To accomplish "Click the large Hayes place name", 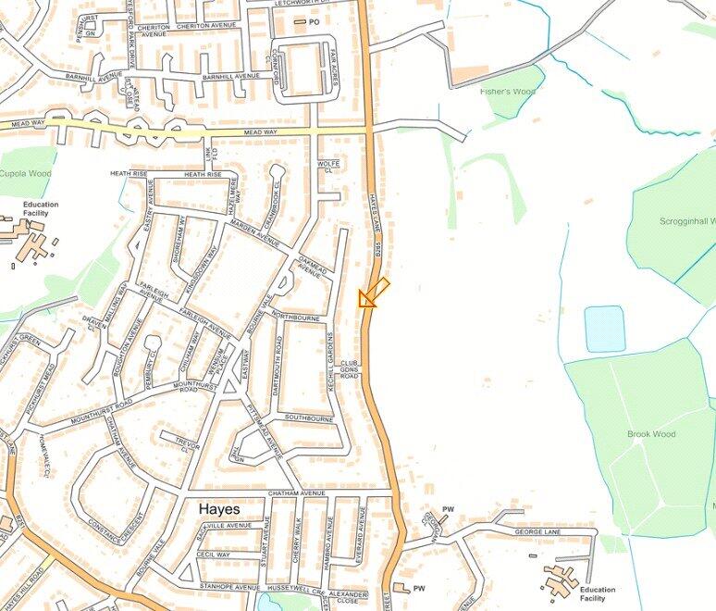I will [219, 510].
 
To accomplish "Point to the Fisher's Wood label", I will [507, 92].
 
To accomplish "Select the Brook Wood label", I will [650, 434].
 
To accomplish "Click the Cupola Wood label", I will [25, 173].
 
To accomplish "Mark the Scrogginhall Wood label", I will [687, 222].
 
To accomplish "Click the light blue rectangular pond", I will [604, 329].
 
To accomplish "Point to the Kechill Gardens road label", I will [329, 362].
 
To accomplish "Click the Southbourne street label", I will [308, 418].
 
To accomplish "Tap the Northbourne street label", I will [296, 317].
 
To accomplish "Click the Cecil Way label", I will [213, 555].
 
